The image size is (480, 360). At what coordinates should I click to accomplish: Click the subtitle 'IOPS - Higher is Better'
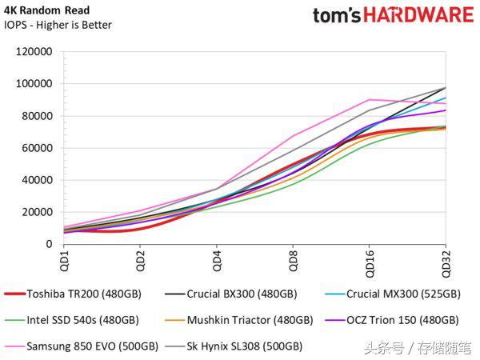click(x=58, y=25)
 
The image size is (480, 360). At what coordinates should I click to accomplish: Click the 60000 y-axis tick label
click(x=38, y=148)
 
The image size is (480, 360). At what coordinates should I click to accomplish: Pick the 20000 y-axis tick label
click(x=38, y=212)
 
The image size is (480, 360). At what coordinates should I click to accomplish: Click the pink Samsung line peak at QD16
click(x=370, y=100)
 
